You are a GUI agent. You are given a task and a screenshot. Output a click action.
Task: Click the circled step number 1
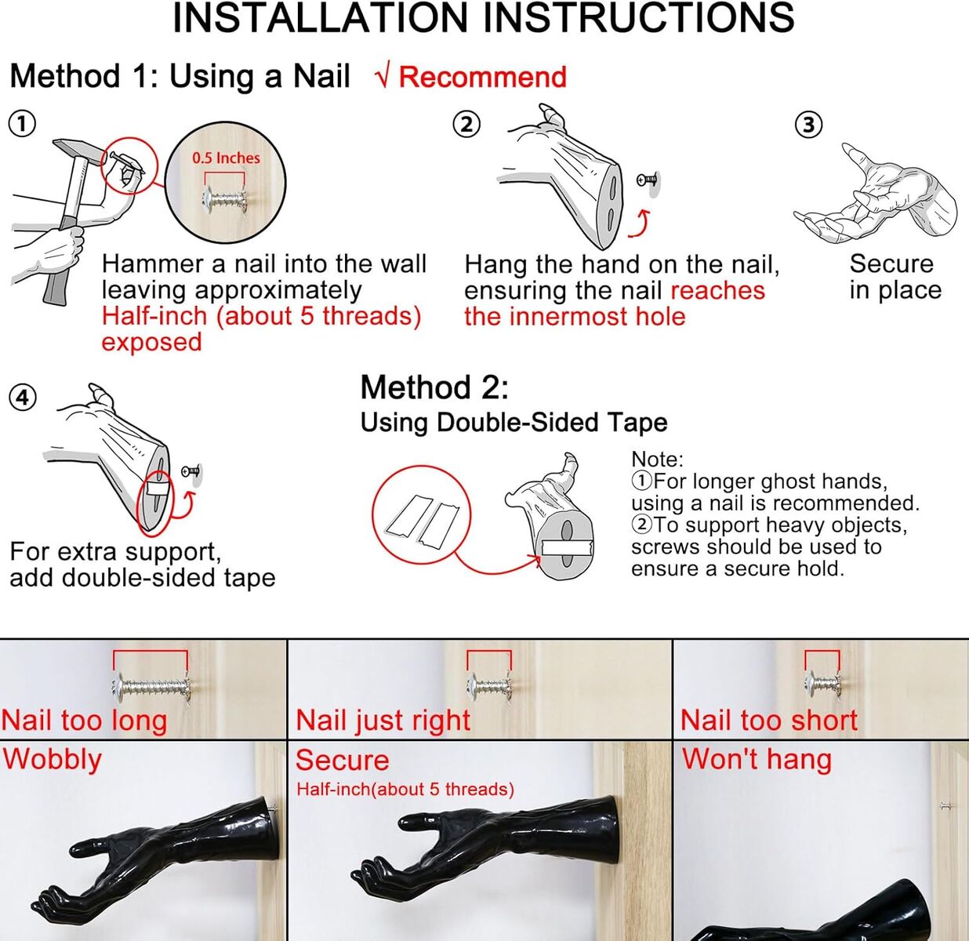(x=23, y=124)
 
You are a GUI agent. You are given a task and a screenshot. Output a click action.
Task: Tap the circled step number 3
(x=808, y=125)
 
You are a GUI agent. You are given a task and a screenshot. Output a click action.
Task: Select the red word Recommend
(x=482, y=77)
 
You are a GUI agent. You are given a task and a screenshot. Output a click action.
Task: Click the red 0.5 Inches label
(x=226, y=158)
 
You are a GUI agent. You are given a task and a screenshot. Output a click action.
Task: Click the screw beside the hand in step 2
(x=648, y=180)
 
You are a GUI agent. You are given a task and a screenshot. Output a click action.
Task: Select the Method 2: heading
(x=434, y=387)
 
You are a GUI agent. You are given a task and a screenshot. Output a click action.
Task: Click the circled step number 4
(x=23, y=398)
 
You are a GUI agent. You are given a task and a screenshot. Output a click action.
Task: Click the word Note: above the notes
(x=657, y=460)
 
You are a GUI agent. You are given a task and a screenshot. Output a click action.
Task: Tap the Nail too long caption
(x=84, y=721)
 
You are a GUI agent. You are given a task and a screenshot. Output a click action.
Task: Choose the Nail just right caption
(x=383, y=721)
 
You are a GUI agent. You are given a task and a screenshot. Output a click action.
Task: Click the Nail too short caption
(x=769, y=721)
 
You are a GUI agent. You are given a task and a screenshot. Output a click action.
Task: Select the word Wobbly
(x=53, y=760)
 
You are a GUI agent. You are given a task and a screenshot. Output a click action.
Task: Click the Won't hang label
(x=757, y=759)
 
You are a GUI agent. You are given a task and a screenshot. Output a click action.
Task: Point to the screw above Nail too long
(x=151, y=687)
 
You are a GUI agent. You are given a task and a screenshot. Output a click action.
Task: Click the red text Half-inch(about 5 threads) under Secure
(x=405, y=790)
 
